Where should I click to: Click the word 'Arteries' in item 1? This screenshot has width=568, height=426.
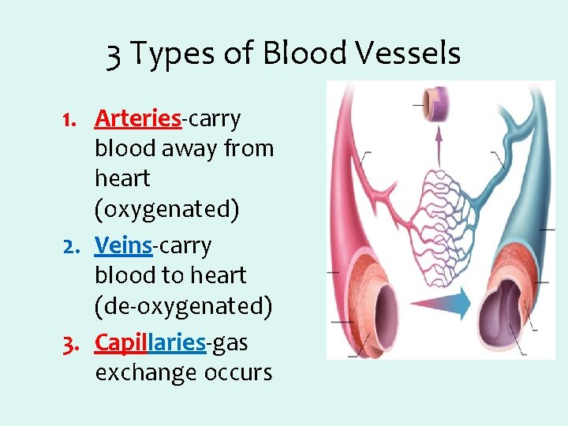pos(138,118)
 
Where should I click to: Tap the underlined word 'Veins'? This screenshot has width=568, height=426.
pos(122,246)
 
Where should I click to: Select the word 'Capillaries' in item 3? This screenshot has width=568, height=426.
pos(150,342)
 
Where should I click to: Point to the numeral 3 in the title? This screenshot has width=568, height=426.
pos(114,54)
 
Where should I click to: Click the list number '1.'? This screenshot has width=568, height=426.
pos(76,119)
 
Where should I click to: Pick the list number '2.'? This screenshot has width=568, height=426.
pos(76,247)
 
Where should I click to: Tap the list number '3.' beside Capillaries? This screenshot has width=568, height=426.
pos(76,343)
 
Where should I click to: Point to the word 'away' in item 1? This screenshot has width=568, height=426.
pos(190,148)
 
